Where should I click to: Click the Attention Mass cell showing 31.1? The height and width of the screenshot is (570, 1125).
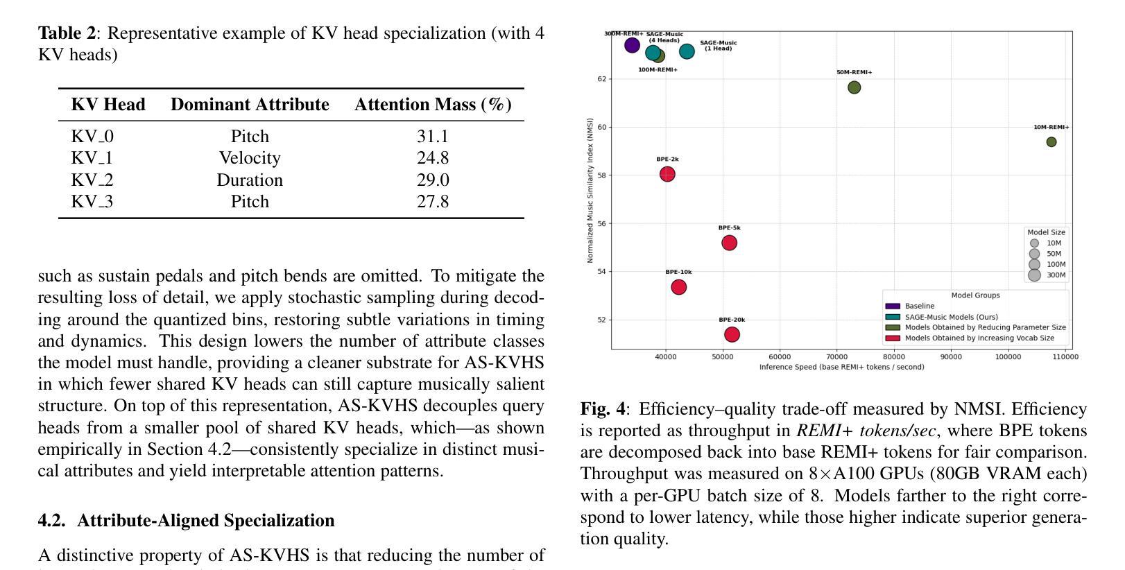pyautogui.click(x=433, y=137)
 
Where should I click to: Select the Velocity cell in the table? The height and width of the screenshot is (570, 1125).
pyautogui.click(x=250, y=158)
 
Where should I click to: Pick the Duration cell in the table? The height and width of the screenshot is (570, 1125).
pyautogui.click(x=250, y=180)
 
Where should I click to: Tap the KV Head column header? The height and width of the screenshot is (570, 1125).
pyautogui.click(x=108, y=105)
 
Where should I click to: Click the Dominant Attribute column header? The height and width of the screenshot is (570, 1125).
pyautogui.click(x=250, y=105)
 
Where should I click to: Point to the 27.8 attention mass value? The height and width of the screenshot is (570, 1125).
pyautogui.click(x=433, y=202)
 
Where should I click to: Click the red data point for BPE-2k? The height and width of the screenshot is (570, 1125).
pyautogui.click(x=667, y=174)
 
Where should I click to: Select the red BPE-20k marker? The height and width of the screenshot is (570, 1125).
pyautogui.click(x=732, y=334)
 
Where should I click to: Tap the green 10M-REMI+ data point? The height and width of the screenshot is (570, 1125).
pyautogui.click(x=1051, y=142)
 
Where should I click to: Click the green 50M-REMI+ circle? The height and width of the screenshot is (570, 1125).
pyautogui.click(x=855, y=87)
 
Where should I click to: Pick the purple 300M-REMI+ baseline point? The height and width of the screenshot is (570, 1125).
pyautogui.click(x=632, y=46)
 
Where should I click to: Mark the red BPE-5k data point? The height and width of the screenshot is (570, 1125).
pyautogui.click(x=729, y=243)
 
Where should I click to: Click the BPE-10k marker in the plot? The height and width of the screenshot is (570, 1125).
pyautogui.click(x=679, y=287)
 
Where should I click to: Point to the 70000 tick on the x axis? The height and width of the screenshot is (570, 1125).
pyautogui.click(x=836, y=357)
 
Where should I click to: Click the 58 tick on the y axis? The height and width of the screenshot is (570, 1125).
pyautogui.click(x=601, y=175)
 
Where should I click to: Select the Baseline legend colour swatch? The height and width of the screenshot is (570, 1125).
pyautogui.click(x=893, y=306)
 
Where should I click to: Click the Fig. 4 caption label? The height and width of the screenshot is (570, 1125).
pyautogui.click(x=602, y=409)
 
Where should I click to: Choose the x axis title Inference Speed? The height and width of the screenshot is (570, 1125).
pyautogui.click(x=841, y=367)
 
